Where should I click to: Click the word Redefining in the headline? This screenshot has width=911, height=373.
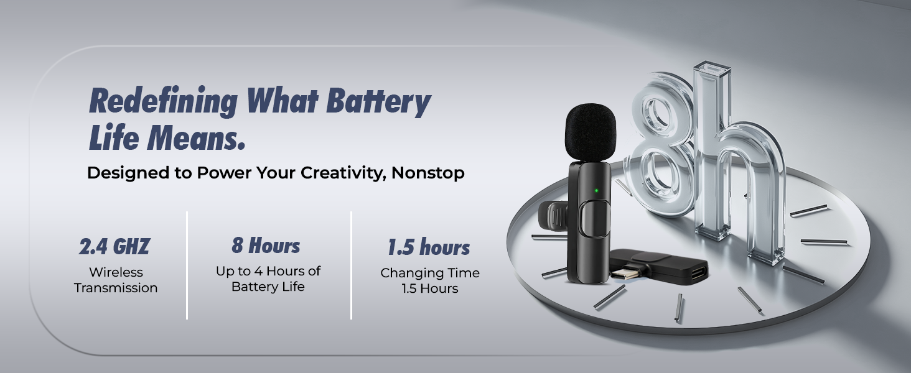[x=163, y=101]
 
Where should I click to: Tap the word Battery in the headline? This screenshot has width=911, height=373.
[x=378, y=101]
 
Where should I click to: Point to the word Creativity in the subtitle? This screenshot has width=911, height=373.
[x=343, y=173]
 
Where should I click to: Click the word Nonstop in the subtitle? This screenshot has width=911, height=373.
[x=428, y=173]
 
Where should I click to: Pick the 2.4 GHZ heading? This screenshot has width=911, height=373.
[x=114, y=247]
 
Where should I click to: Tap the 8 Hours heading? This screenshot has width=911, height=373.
[x=266, y=246]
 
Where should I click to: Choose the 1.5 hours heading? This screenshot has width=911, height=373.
[x=429, y=247]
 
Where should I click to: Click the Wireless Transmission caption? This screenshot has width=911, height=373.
[x=116, y=280]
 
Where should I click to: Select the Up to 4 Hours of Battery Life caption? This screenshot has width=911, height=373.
[x=268, y=279]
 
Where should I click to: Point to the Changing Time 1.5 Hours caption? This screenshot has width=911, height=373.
[x=430, y=280]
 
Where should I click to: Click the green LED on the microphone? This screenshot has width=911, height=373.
[x=596, y=190]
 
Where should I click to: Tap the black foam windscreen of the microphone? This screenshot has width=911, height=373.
[x=591, y=131]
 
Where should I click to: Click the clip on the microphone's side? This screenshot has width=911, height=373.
[x=553, y=214]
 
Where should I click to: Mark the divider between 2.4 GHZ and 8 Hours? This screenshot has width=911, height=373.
[x=187, y=265]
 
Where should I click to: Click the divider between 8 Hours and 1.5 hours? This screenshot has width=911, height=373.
[x=352, y=265]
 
